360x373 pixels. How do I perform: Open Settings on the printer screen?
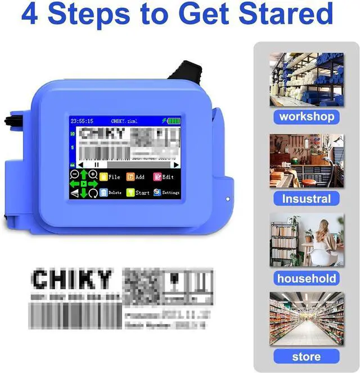coord(165,192)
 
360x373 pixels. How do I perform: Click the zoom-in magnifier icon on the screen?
coord(93,174)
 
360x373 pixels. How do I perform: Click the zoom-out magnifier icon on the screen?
coord(74,174)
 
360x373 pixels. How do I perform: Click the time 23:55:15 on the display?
coord(82,121)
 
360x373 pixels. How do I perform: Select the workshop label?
coord(307,117)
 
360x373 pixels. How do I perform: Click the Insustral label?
coord(307,198)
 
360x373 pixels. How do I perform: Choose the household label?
coord(307,278)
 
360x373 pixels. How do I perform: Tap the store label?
coord(307,357)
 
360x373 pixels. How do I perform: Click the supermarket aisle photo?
coord(307,319)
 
